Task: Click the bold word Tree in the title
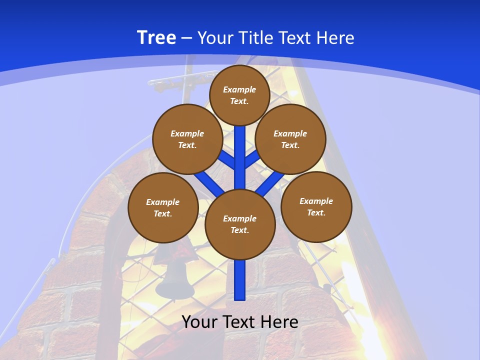point(156,37)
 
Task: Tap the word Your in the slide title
point(215,38)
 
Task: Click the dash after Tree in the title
point(186,38)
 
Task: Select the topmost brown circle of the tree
point(239,95)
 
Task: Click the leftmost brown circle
point(163,208)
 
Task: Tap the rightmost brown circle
point(316,207)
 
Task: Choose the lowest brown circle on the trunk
point(240,224)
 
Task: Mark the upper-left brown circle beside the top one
point(187,139)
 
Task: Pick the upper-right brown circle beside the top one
point(290,139)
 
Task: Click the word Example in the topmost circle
point(239,90)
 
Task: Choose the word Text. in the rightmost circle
point(316,213)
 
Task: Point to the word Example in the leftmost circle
point(163,202)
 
